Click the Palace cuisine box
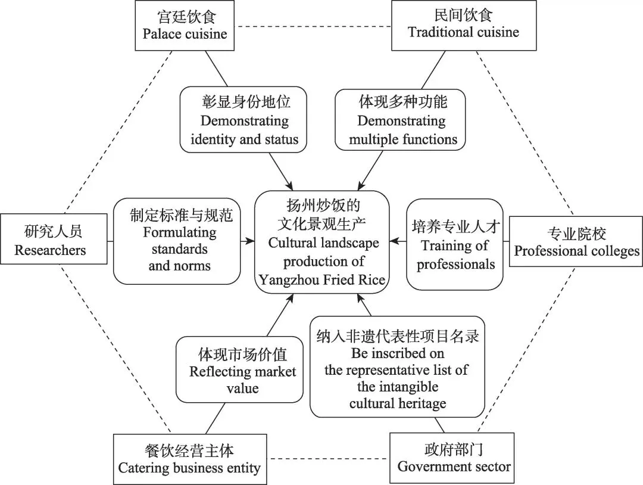[185, 25]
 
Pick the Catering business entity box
[189, 459]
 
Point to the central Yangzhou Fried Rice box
[322, 242]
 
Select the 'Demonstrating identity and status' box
[244, 121]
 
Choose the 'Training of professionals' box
[455, 244]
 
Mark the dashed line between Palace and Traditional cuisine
[312, 26]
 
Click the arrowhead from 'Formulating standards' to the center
[251, 241]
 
